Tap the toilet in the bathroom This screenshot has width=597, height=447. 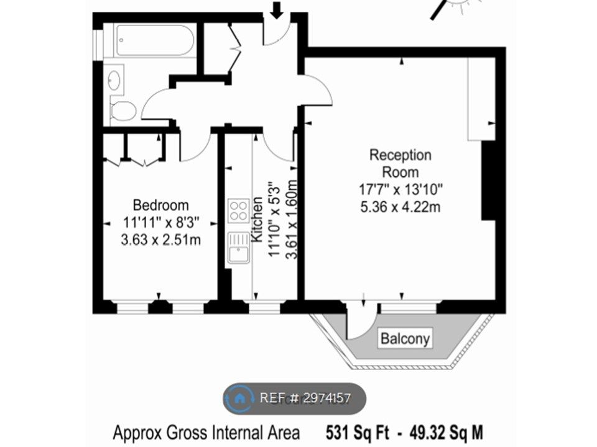[123, 111]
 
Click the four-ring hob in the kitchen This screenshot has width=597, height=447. [239, 211]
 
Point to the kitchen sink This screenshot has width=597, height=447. [239, 248]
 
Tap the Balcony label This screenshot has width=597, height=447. [405, 338]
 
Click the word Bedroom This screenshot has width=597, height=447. [160, 205]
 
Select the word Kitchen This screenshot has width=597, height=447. [257, 219]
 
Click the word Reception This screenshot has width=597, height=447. [400, 155]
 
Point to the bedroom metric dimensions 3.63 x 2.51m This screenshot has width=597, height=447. [160, 240]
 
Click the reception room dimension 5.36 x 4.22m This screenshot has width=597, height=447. [400, 207]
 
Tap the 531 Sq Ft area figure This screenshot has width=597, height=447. [358, 433]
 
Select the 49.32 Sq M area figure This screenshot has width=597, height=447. [447, 433]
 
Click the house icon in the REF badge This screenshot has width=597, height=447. [239, 399]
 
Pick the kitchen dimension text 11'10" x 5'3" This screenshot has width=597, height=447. [275, 219]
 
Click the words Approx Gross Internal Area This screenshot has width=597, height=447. [206, 433]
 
